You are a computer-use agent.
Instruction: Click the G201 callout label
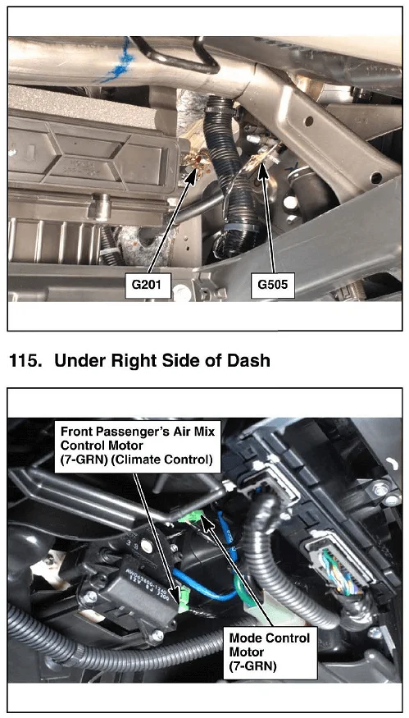click(147, 284)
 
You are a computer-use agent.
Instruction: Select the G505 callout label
click(273, 284)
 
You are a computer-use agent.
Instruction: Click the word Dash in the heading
click(249, 361)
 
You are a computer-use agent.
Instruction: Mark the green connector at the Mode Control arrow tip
click(191, 518)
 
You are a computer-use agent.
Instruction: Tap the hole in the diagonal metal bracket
click(309, 121)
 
